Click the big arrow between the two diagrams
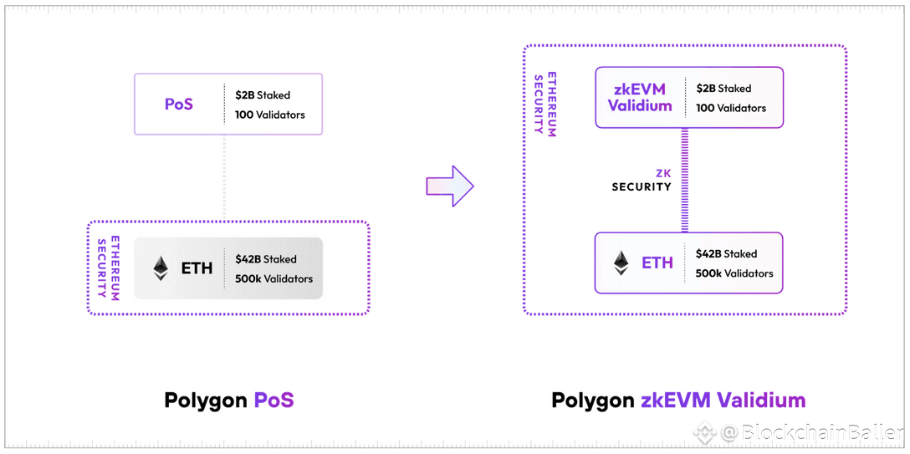(x=450, y=186)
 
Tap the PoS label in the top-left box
(x=179, y=105)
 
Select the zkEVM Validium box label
(x=639, y=97)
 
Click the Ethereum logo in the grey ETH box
(x=161, y=268)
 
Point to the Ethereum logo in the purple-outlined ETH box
(x=621, y=263)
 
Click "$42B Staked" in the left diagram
(x=266, y=258)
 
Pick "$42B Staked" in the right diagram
(x=726, y=253)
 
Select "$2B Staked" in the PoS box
(x=263, y=94)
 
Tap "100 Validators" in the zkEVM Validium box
(x=731, y=108)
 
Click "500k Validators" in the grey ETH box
(x=274, y=279)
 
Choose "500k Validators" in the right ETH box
(x=734, y=273)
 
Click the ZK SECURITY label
(x=642, y=181)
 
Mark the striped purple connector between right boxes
(x=684, y=180)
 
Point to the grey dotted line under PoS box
(x=225, y=177)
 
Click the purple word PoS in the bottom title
(x=274, y=400)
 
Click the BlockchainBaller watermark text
(x=813, y=432)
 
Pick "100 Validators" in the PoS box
(x=270, y=115)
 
